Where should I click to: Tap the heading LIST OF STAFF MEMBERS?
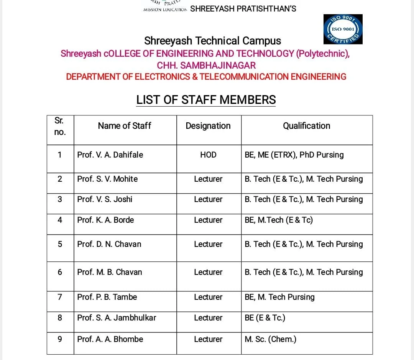[206, 100]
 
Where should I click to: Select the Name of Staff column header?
[125, 126]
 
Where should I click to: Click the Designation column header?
[208, 126]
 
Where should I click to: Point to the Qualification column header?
[306, 126]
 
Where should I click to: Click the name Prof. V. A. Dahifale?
[110, 155]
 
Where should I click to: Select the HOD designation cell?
[208, 155]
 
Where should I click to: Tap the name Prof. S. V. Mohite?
[107, 179]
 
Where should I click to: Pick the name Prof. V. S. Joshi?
[105, 199]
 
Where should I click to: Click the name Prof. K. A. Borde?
[105, 220]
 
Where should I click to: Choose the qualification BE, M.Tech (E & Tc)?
[279, 220]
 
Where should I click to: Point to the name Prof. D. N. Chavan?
[109, 244]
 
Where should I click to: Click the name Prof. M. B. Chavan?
[110, 272]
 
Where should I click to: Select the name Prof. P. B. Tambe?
[107, 297]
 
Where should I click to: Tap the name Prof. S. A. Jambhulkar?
[117, 318]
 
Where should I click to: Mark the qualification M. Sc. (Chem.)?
[270, 339]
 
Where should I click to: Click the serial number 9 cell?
[60, 339]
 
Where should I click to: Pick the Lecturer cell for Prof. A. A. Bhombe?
[208, 339]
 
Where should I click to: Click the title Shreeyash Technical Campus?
[212, 41]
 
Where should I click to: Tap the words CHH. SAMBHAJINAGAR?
[206, 65]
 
